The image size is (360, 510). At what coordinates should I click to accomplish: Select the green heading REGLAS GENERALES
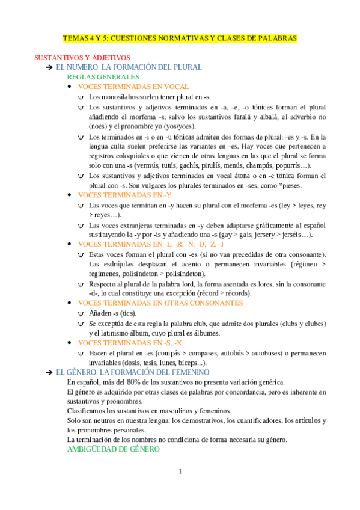(103, 77)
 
